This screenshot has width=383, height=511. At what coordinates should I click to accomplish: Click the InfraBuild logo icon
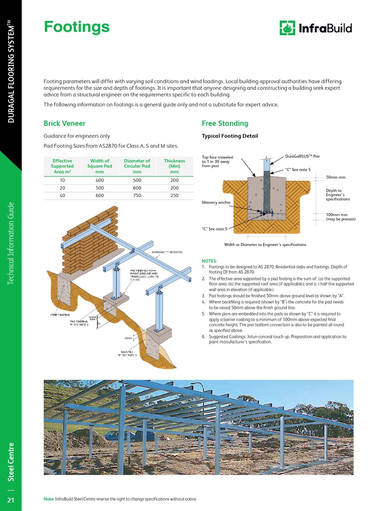click(x=287, y=28)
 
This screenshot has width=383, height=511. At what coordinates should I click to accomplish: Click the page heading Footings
click(x=76, y=27)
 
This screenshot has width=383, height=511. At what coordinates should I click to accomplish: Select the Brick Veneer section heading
click(x=64, y=123)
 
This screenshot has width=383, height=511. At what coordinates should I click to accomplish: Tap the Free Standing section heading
click(x=224, y=123)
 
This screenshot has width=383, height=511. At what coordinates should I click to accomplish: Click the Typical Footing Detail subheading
click(x=229, y=136)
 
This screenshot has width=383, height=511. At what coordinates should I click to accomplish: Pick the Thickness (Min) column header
click(x=174, y=166)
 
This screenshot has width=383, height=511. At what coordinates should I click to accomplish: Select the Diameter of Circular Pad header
click(x=137, y=166)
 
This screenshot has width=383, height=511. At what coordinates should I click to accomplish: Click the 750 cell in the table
click(x=137, y=196)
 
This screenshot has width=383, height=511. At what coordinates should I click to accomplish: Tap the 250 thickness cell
click(x=174, y=196)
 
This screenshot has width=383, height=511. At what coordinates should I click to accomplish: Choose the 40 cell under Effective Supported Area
click(x=62, y=196)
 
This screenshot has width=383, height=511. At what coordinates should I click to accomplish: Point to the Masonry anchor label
click(x=216, y=203)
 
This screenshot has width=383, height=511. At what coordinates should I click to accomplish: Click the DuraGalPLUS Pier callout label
click(x=302, y=156)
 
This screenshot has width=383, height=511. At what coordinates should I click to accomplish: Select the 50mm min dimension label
click(x=336, y=177)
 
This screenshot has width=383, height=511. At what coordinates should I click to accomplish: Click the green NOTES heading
click(x=209, y=261)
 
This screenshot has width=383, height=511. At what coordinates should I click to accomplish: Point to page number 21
click(x=11, y=500)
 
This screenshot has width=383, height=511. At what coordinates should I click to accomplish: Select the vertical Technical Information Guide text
click(x=11, y=244)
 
